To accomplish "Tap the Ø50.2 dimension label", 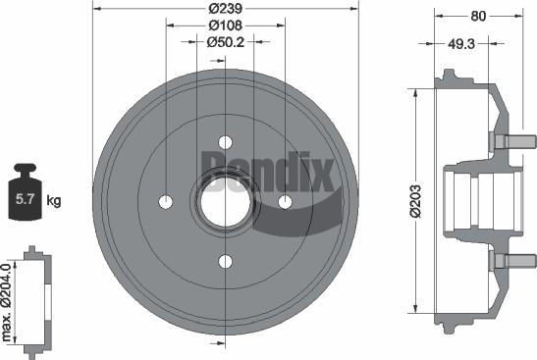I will (225, 42).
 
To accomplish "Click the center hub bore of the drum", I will (225, 200).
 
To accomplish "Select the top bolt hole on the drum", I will (225, 140).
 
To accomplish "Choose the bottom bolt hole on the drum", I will (225, 261).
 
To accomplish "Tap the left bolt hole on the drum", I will (165, 201).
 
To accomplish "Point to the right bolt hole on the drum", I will (286, 201).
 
